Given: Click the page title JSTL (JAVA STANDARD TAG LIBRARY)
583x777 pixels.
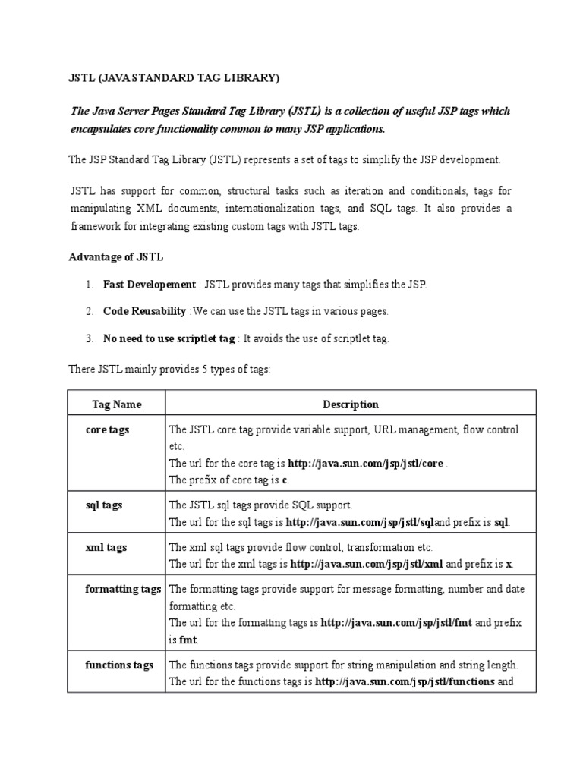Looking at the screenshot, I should (x=174, y=77).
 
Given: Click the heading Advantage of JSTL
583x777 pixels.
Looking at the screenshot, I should (x=115, y=257).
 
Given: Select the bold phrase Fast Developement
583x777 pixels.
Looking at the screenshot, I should (x=150, y=284).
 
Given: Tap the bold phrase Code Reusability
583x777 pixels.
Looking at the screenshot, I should (x=145, y=311).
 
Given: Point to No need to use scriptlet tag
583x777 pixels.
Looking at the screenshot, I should (x=169, y=338).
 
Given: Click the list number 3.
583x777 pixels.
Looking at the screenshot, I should (x=89, y=338).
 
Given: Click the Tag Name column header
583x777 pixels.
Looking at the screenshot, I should (x=117, y=404).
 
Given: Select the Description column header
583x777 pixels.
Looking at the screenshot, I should (x=351, y=404).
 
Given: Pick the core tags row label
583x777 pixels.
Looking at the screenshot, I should (x=108, y=429).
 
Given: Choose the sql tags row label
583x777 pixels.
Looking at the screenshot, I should (x=105, y=505).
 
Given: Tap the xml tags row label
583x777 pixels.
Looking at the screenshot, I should (x=106, y=546).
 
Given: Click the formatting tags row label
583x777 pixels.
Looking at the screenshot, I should (x=123, y=589).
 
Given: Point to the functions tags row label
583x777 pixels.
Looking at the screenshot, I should (x=119, y=665).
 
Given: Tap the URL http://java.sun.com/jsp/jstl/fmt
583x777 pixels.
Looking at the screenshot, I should (x=396, y=623).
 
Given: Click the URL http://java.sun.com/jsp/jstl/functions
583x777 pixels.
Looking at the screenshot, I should (x=405, y=681).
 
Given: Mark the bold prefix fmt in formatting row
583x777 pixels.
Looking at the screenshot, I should (x=188, y=640).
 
